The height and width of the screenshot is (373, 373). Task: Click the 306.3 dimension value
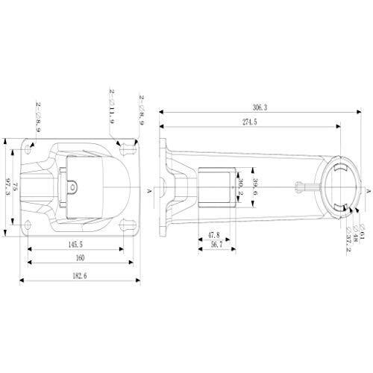[x=260, y=107]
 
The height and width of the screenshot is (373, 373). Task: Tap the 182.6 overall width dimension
[x=80, y=276]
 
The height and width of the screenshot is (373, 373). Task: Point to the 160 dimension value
[x=80, y=257]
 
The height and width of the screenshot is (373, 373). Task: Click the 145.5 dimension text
[x=74, y=243]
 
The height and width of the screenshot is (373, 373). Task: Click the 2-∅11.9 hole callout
[x=112, y=110]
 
